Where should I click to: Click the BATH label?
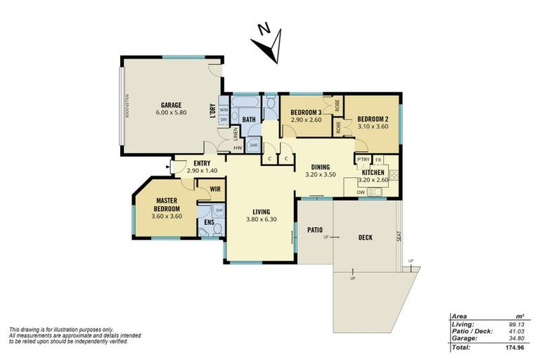point(249,120)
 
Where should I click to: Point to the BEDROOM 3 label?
point(307,112)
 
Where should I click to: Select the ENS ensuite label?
point(209,223)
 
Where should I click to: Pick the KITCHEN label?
point(373,172)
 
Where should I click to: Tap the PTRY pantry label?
point(364,160)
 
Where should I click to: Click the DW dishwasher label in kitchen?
point(360,192)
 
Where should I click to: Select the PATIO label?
point(314,229)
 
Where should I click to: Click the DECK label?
point(365,237)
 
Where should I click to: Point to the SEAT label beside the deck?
point(399,237)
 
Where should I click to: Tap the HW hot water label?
point(238,148)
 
